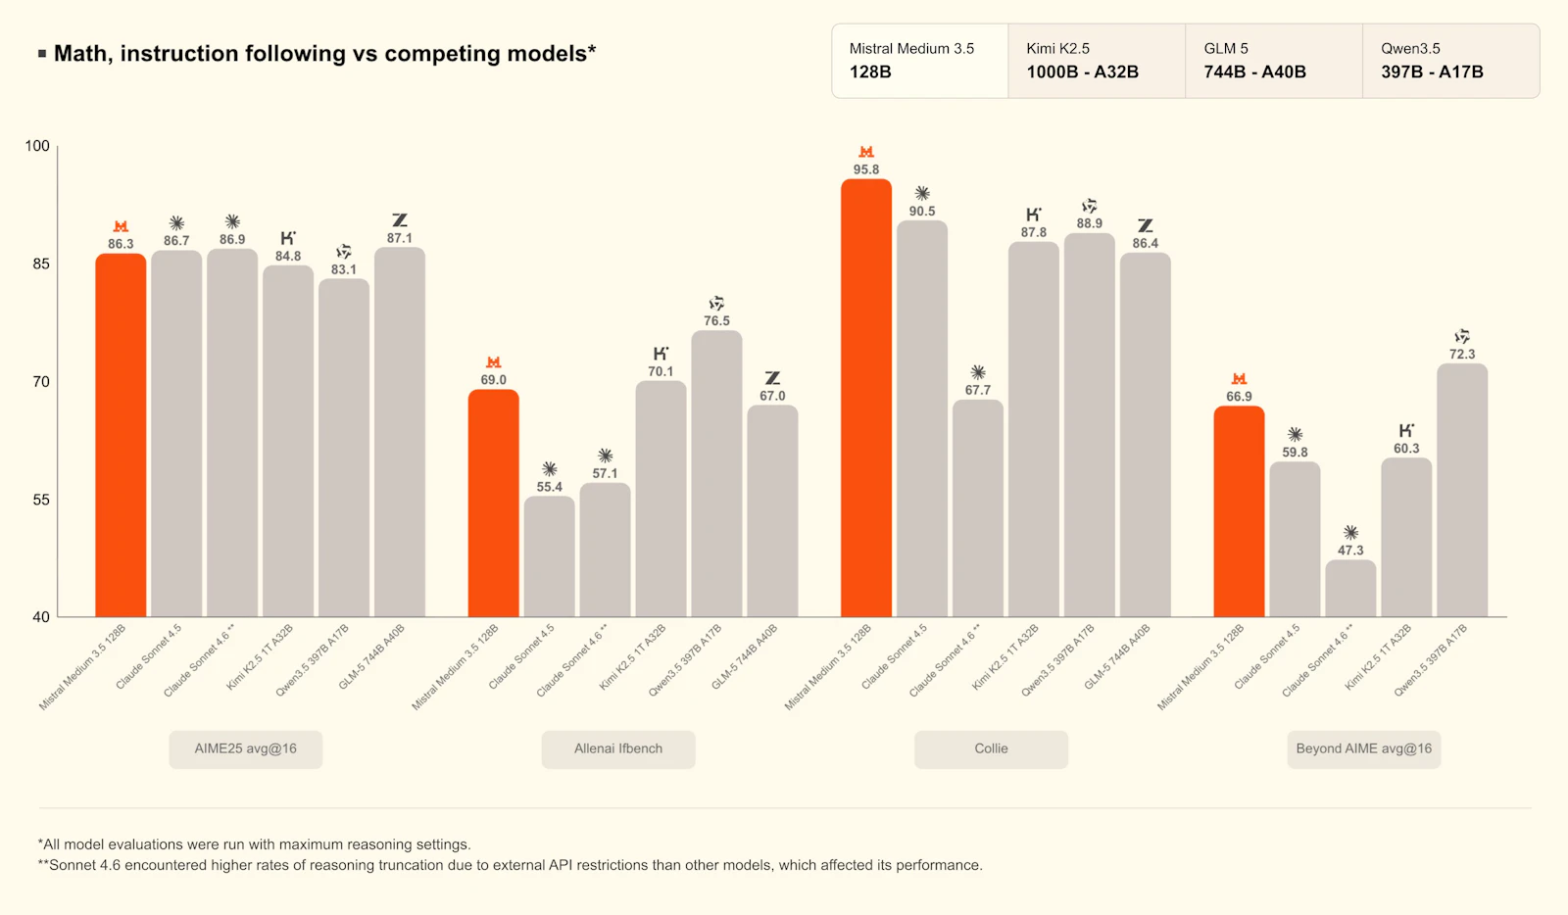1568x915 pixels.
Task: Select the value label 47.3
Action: pyautogui.click(x=1350, y=551)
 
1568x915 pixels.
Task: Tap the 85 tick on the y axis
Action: pyautogui.click(x=40, y=264)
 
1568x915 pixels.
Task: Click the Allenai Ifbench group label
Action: pyautogui.click(x=618, y=748)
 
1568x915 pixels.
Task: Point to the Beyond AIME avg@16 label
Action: pyautogui.click(x=1363, y=748)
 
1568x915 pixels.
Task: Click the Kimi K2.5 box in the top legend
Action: pyautogui.click(x=1096, y=61)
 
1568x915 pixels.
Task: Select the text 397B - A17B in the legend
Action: pyautogui.click(x=1432, y=72)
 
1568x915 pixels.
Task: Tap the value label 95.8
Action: pyautogui.click(x=866, y=169)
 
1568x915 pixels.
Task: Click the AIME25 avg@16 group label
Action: pyautogui.click(x=245, y=748)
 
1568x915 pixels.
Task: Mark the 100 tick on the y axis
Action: pyautogui.click(x=37, y=146)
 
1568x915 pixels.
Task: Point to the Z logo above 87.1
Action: pyautogui.click(x=400, y=220)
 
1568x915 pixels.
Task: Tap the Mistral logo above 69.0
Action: pyautogui.click(x=494, y=362)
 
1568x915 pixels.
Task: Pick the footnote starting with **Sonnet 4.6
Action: pyautogui.click(x=510, y=865)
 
